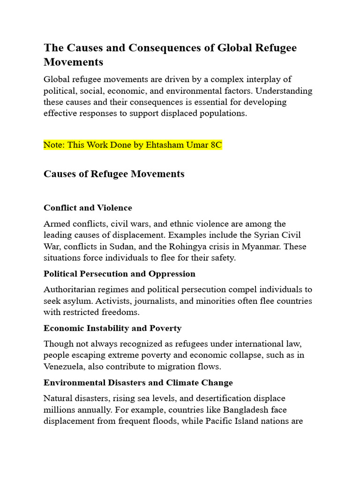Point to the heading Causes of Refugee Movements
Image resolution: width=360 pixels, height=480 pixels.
[114, 174]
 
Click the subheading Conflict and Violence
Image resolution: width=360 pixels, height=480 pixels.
[88, 208]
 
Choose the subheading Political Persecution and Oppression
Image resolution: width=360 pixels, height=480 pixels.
[120, 273]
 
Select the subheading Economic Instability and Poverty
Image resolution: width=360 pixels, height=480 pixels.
[112, 328]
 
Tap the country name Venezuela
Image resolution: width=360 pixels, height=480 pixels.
[65, 366]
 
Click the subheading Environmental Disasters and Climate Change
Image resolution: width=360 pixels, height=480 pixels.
[138, 382]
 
